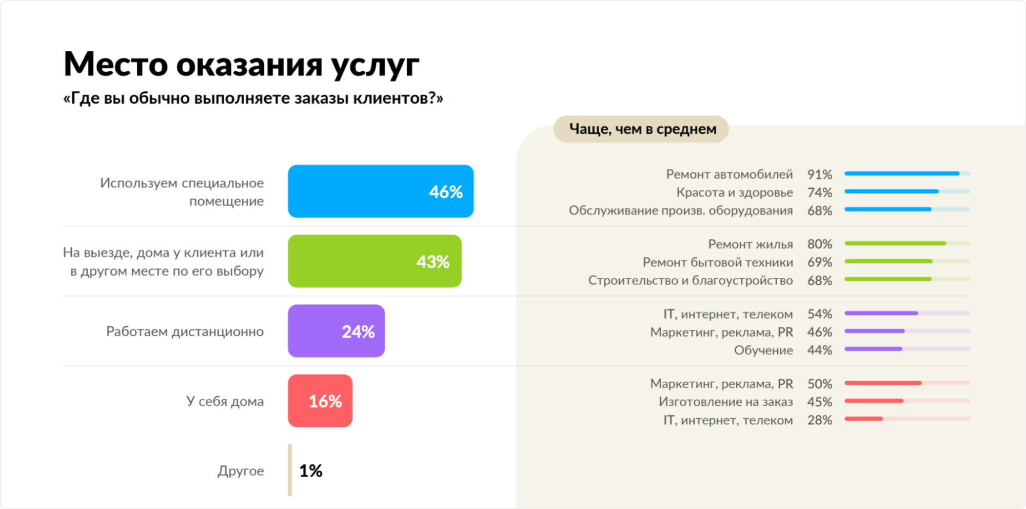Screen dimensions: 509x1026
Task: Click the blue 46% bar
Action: [x=380, y=191]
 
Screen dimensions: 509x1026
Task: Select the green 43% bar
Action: [x=374, y=261]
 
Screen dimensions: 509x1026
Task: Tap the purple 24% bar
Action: [x=336, y=331]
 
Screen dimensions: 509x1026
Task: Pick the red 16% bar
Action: [x=320, y=401]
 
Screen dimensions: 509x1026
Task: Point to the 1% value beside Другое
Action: [x=311, y=471]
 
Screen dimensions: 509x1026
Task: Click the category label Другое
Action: [x=241, y=471]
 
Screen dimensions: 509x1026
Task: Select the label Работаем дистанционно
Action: [x=185, y=331]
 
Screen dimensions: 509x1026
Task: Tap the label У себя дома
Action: [x=225, y=401]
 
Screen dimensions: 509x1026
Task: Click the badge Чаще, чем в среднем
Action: [x=641, y=129]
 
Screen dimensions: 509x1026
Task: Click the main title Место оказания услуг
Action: [x=241, y=65]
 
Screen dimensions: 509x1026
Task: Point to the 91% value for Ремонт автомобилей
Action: [x=819, y=174]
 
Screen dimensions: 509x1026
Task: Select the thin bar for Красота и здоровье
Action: [x=907, y=191]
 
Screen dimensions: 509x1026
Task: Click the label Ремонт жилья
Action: [x=750, y=244]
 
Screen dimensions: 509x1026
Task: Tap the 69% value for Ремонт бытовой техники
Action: [x=819, y=262]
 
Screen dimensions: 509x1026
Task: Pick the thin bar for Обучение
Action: [x=907, y=349]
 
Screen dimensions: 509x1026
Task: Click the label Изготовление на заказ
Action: [x=725, y=402]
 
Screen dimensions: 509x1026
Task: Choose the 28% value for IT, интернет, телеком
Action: [x=819, y=420]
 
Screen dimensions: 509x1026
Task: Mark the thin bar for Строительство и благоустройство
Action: [x=907, y=279]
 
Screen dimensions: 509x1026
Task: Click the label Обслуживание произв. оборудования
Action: [x=680, y=210]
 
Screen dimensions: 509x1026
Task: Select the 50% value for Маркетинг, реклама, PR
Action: [x=819, y=384]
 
